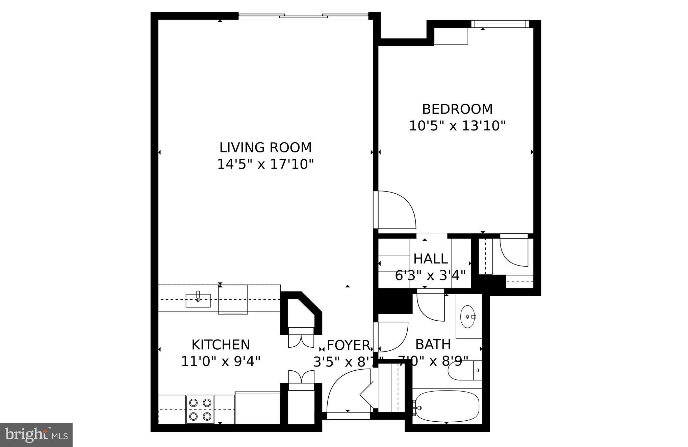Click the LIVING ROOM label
coord(265,148)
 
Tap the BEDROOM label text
coord(457,109)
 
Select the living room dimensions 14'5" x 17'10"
coord(265,165)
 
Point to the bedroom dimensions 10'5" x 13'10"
coord(457,126)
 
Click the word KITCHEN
coord(221,345)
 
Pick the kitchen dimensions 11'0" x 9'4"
coord(221,362)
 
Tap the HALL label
coord(430,259)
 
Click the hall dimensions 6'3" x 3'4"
coord(430,276)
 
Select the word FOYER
coord(348,345)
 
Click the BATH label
coord(433,345)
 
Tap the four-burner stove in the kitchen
coord(200,409)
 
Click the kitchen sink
coord(198,300)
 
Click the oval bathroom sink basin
coord(468,317)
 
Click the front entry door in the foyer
coord(348,392)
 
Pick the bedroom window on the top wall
coord(500,24)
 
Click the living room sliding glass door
coord(303,15)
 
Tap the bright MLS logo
coord(36,435)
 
